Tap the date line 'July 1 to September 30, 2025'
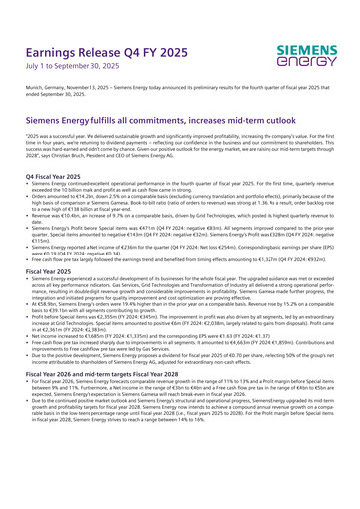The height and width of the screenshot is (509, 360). click(x=68, y=70)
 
